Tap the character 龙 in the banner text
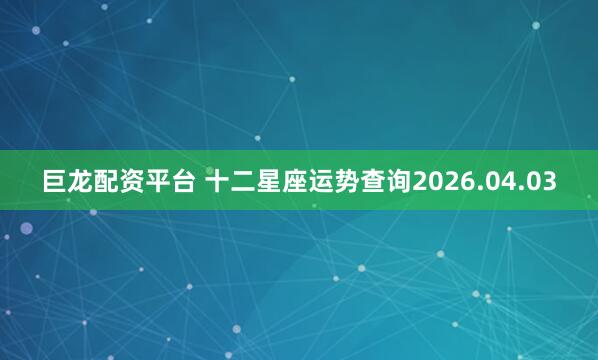pos(82,182)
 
